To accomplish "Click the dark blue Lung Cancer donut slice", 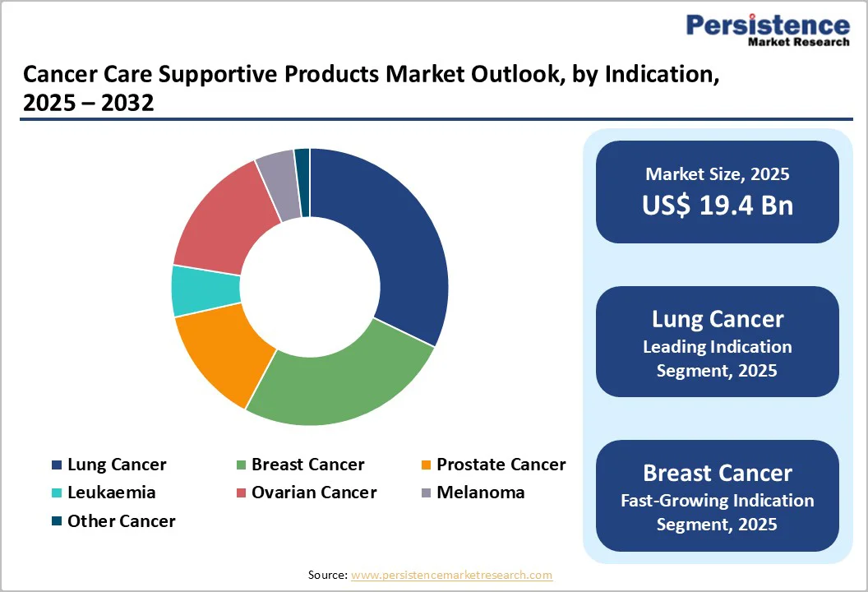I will click(386, 238).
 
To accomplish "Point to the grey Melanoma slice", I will click(278, 185).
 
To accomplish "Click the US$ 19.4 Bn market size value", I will click(718, 205).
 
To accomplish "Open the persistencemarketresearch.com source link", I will click(451, 576).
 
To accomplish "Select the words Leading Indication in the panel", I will click(718, 347).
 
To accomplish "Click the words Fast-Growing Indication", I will click(718, 500).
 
